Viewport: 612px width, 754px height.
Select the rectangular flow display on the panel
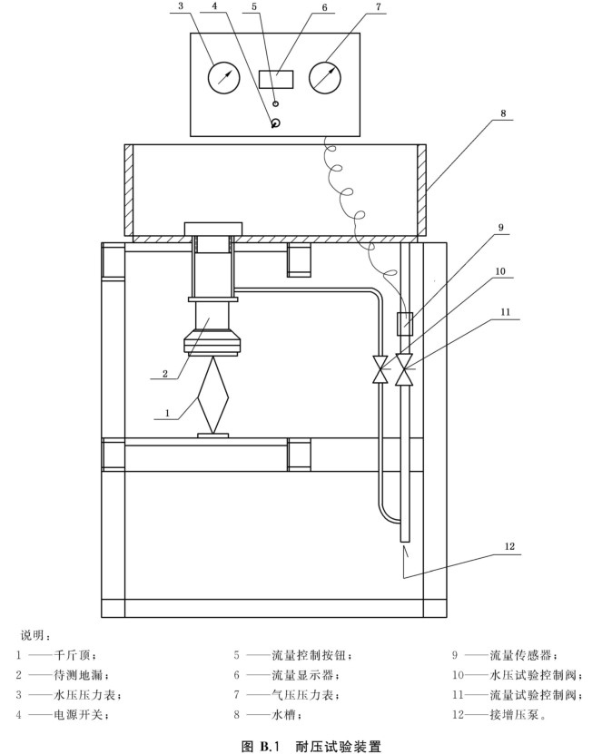click(x=276, y=79)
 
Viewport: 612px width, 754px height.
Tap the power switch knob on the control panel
click(x=275, y=122)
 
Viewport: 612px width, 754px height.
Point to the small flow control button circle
click(x=276, y=103)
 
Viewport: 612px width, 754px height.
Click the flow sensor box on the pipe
click(x=405, y=324)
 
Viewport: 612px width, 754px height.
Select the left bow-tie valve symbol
click(x=380, y=368)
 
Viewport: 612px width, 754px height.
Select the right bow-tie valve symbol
click(x=404, y=369)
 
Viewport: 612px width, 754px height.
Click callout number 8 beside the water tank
click(x=503, y=113)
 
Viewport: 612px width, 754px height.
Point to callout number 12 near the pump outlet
click(x=509, y=546)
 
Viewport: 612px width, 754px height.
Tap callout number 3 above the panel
click(x=181, y=6)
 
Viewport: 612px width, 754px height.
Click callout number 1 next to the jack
click(x=167, y=413)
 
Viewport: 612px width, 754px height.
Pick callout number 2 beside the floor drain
click(x=165, y=373)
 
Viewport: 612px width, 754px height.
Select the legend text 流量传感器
click(x=520, y=655)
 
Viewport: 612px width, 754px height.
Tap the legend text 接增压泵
click(x=514, y=715)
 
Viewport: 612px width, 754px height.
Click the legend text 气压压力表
click(x=302, y=695)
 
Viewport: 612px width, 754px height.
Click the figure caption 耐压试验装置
click(x=338, y=746)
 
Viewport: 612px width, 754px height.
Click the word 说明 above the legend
click(x=33, y=635)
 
